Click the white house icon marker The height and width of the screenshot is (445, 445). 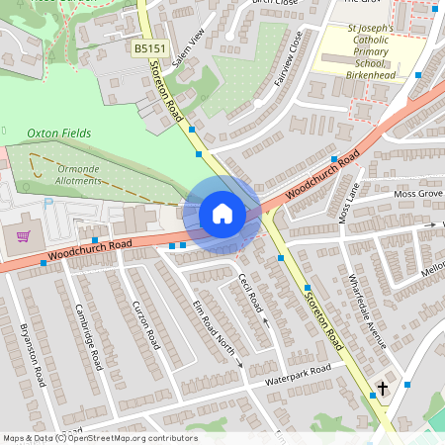click(x=222, y=214)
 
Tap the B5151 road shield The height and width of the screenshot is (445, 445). click(x=150, y=47)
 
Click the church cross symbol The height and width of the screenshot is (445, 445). click(x=383, y=387)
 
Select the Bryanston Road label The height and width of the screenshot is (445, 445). click(x=33, y=355)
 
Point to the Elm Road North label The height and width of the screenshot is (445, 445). click(x=211, y=325)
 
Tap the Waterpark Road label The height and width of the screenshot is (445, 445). click(x=294, y=375)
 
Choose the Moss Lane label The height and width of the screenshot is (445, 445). click(x=347, y=202)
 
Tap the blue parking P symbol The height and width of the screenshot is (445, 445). click(x=48, y=203)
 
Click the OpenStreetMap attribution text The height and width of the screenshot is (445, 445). click(x=100, y=438)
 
